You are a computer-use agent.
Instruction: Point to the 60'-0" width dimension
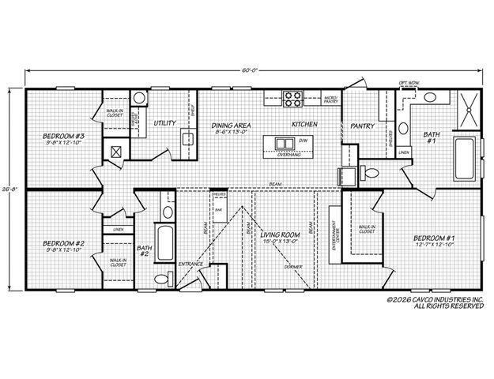250,70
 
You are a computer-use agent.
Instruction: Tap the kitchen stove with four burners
293,99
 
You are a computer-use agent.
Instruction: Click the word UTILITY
165,123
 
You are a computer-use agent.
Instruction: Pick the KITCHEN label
304,125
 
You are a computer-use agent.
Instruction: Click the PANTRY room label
361,125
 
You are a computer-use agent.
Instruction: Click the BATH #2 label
144,250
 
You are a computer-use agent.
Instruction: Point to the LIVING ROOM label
281,235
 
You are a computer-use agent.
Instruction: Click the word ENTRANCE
190,264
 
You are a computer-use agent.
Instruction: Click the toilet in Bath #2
162,279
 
